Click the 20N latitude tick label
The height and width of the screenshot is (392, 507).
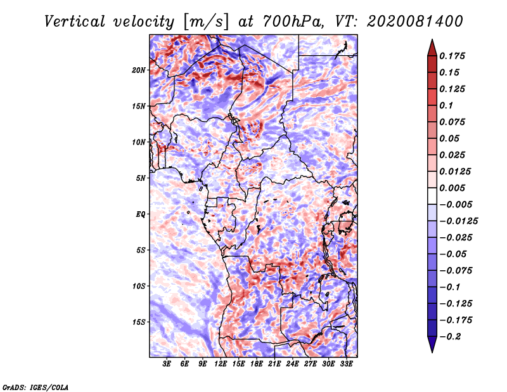139,70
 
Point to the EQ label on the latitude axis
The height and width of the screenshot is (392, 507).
141,214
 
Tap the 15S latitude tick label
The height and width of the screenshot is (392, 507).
139,322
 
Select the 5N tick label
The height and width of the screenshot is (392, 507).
141,178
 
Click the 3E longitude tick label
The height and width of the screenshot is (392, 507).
167,364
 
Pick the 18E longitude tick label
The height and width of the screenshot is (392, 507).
257,364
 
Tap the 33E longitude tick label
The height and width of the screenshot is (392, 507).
346,364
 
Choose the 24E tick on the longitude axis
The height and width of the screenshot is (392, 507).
292,364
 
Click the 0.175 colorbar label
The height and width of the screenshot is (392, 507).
452,56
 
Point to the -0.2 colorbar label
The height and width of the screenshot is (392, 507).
450,337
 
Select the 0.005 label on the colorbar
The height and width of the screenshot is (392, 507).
452,188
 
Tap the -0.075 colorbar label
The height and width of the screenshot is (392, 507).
456,271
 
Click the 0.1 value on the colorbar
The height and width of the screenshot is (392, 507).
446,105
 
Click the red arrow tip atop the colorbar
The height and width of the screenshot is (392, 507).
432,40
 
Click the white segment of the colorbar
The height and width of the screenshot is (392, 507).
432,196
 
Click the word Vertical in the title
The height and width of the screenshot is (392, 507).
75,22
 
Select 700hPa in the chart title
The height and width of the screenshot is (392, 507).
293,22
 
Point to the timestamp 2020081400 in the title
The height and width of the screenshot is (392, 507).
415,22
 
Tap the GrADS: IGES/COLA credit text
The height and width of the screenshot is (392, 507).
35,388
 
